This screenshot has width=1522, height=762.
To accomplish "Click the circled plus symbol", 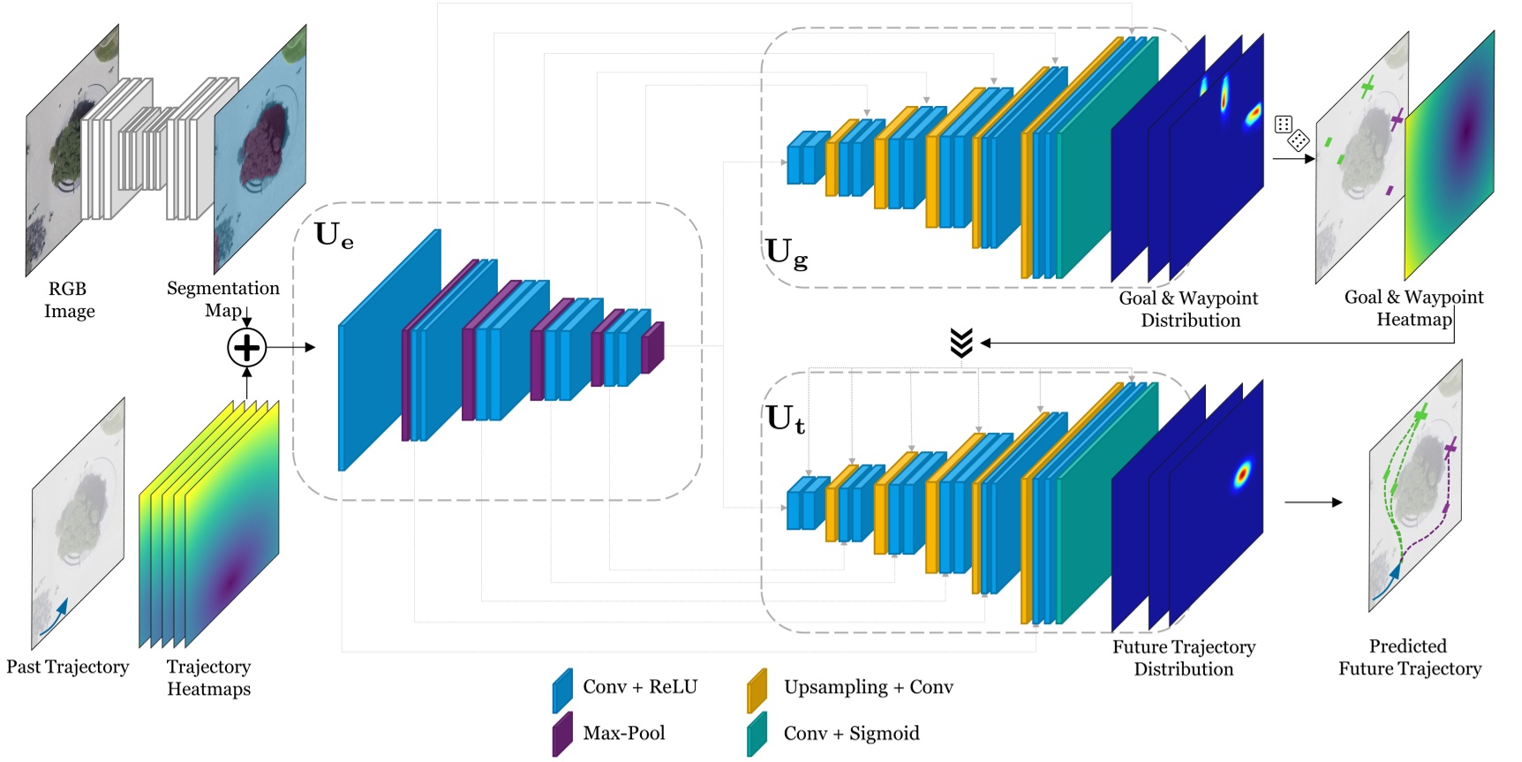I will [x=247, y=348].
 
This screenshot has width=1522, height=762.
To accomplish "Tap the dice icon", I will [x=1292, y=132].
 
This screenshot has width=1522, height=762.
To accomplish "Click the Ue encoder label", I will [x=334, y=235].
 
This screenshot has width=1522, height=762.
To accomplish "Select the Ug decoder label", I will [x=786, y=253].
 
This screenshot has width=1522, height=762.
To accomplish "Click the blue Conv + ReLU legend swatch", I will [x=562, y=690].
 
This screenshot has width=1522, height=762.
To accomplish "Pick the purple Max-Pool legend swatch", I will [x=562, y=735].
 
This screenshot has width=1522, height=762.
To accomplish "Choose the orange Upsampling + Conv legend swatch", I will [x=757, y=690].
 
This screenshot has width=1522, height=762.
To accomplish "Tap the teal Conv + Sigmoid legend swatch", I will [x=757, y=735].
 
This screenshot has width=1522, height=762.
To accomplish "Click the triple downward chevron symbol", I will [x=961, y=343].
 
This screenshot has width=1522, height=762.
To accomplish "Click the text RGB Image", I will [x=69, y=300].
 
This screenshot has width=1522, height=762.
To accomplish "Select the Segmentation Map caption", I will [x=222, y=298].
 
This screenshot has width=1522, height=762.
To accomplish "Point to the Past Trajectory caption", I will [x=68, y=667].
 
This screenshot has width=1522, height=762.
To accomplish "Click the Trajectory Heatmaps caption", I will [x=209, y=677].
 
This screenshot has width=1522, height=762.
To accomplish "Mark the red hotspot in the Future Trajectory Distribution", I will [x=1242, y=475].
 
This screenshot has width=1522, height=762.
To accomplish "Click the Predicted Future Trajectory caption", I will [x=1409, y=658].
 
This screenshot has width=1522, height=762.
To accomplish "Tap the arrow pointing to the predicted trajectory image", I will [x=1313, y=502].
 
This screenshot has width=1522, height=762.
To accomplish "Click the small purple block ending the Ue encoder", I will [x=652, y=348].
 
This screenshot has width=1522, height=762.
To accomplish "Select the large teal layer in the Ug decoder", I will [x=1108, y=159].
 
